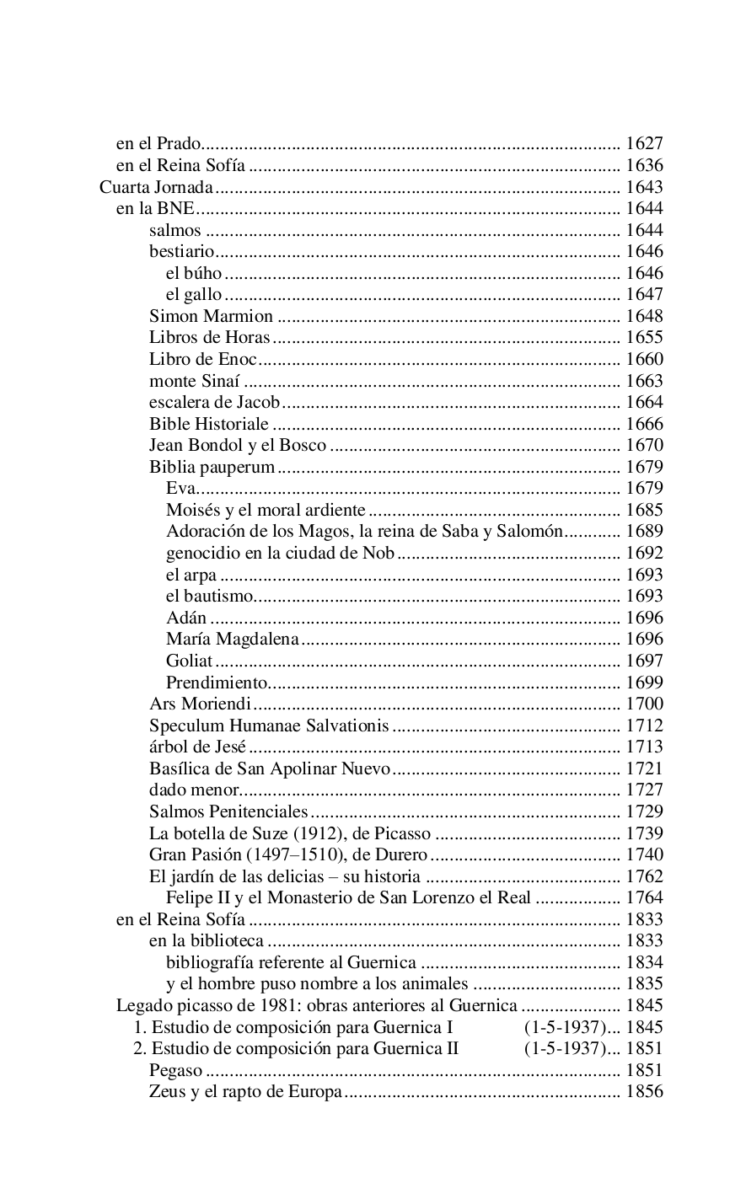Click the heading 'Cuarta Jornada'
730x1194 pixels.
click(x=156, y=187)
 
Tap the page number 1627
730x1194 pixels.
click(x=644, y=144)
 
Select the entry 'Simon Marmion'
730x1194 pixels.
click(x=211, y=316)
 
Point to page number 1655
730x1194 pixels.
click(x=644, y=338)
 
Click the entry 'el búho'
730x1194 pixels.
click(x=194, y=273)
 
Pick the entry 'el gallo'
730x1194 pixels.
click(x=194, y=294)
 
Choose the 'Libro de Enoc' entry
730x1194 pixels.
click(x=202, y=359)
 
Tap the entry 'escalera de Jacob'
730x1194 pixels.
click(x=214, y=402)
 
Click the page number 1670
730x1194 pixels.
click(x=644, y=445)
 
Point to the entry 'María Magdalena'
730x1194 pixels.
click(x=232, y=639)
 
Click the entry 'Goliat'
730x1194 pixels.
click(x=189, y=661)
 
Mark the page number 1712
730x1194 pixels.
click(x=644, y=725)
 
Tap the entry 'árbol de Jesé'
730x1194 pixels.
click(x=197, y=747)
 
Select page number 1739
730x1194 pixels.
click(x=644, y=833)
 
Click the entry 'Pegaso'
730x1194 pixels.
click(x=175, y=1070)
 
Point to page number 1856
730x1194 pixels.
click(x=644, y=1091)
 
